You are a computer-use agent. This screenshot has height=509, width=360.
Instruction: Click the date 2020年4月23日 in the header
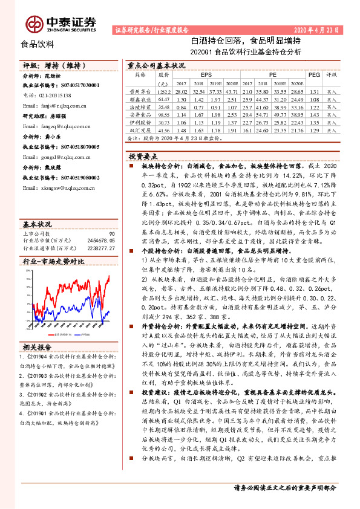pyautogui.click(x=318, y=29)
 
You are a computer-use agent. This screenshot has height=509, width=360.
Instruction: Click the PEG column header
pyautogui.click(x=314, y=74)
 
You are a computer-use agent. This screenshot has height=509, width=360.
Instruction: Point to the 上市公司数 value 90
pyautogui.click(x=111, y=233)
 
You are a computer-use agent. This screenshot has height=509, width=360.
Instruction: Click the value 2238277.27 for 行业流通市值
pyautogui.click(x=101, y=247)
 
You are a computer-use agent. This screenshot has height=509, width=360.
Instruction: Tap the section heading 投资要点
pyautogui.click(x=143, y=155)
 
